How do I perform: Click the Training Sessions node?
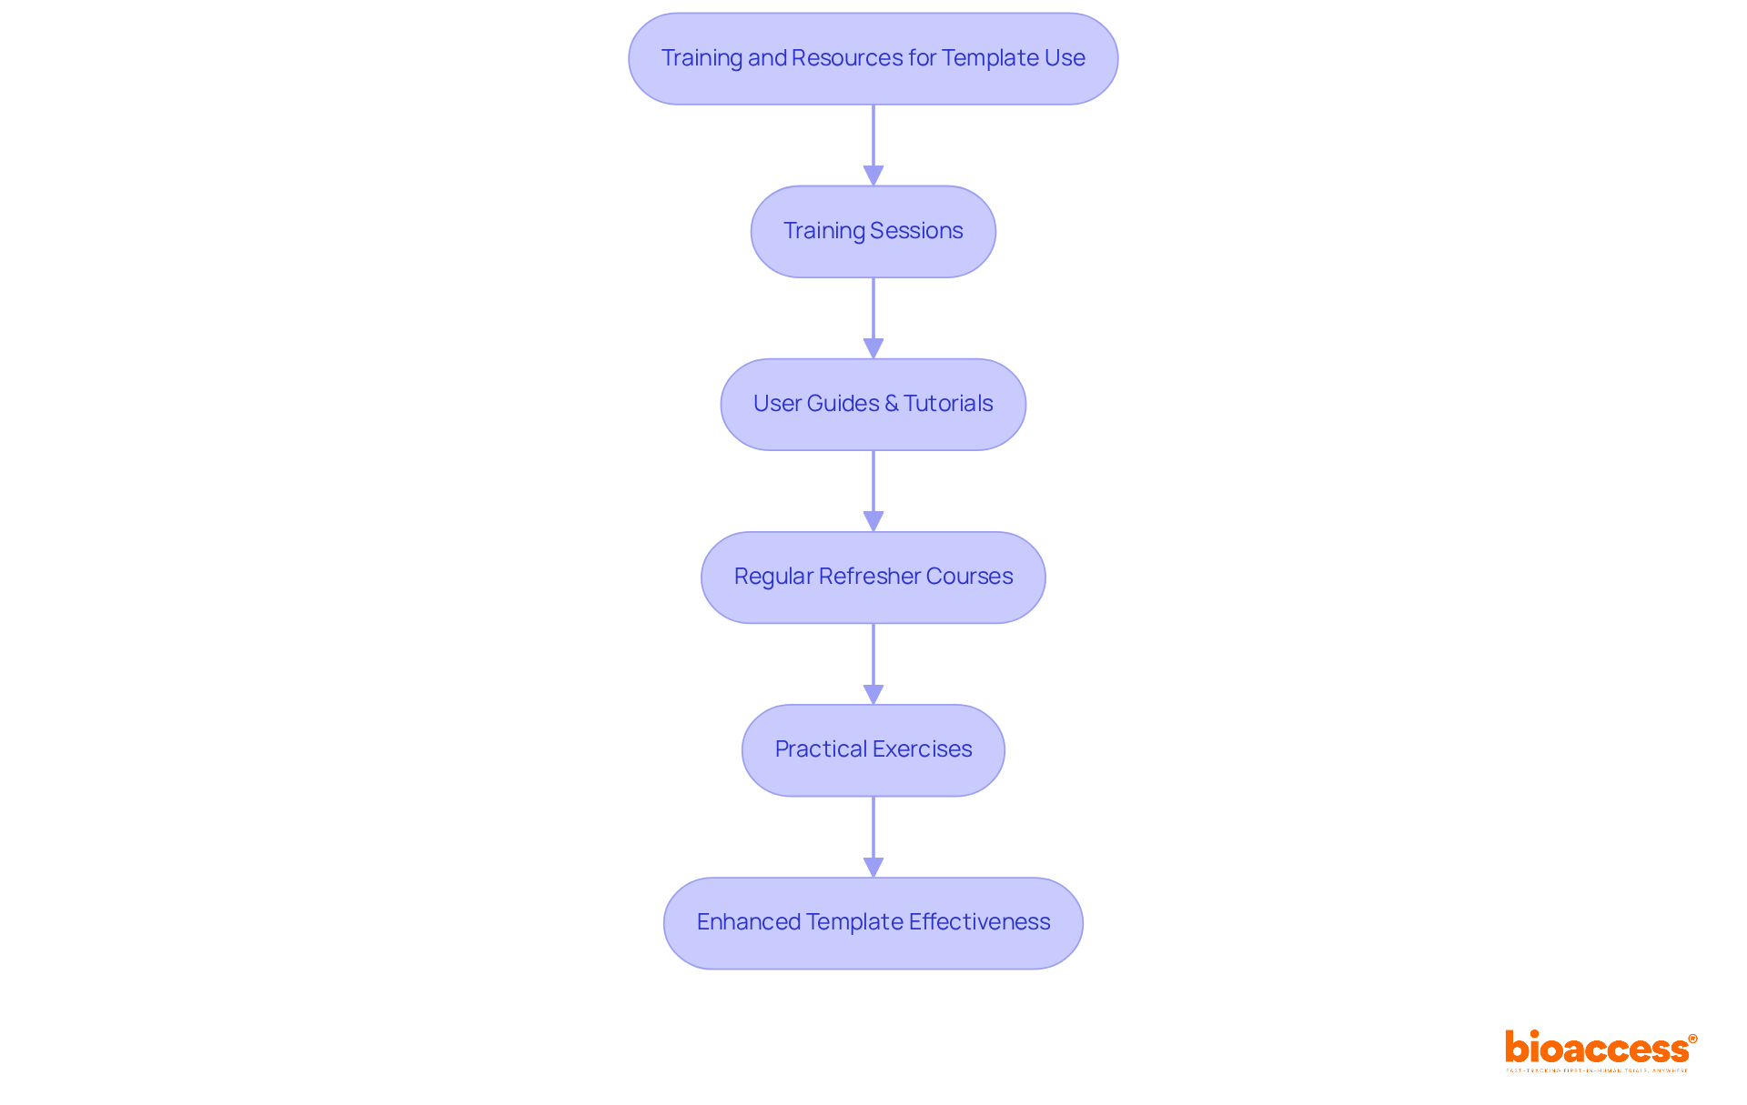point(873,232)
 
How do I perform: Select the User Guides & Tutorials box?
point(873,405)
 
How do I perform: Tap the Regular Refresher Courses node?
point(873,578)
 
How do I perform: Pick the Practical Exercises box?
point(873,750)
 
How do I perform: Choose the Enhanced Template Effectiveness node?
point(873,923)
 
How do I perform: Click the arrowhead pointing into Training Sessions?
point(873,176)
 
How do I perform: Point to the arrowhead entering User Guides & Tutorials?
point(873,348)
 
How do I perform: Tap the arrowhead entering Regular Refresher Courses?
point(873,521)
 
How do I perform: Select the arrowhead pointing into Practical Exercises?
point(873,694)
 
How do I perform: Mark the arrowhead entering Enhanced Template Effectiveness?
point(873,867)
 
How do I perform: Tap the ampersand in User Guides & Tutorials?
point(891,404)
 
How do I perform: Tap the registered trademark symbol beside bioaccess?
point(1692,1039)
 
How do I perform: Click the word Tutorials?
point(948,404)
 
